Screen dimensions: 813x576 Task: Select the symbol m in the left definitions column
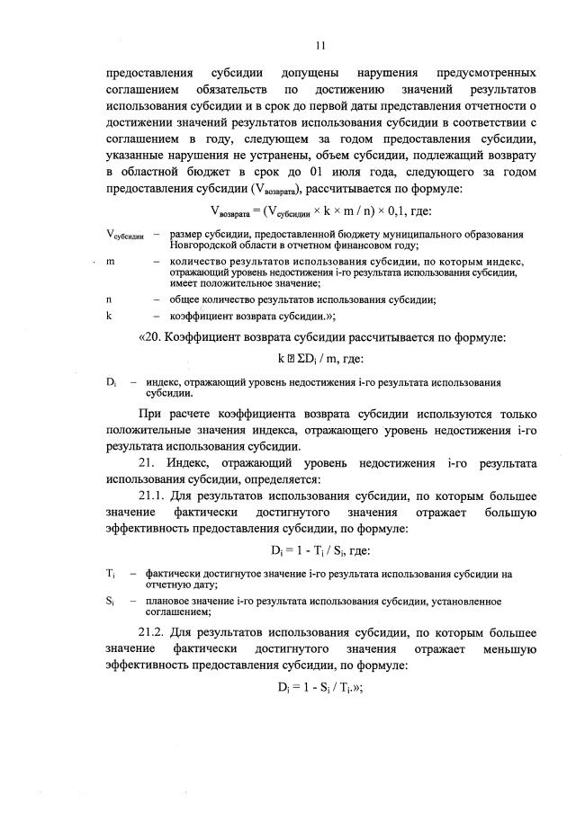click(110, 261)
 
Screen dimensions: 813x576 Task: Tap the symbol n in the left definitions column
click(109, 299)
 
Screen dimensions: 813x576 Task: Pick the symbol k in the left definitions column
click(109, 317)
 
